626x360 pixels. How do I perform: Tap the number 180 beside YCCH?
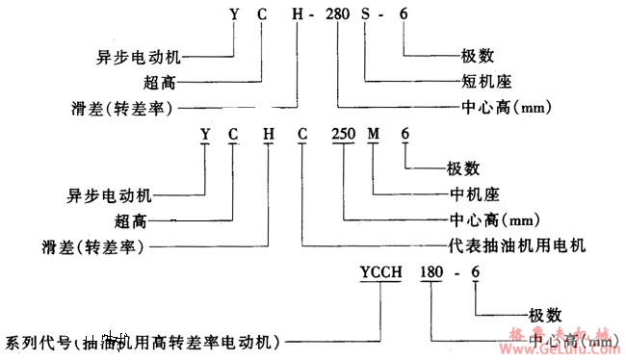[x=430, y=274]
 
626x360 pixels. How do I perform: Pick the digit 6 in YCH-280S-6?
[x=402, y=14]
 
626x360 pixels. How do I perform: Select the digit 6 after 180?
[x=474, y=274]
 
